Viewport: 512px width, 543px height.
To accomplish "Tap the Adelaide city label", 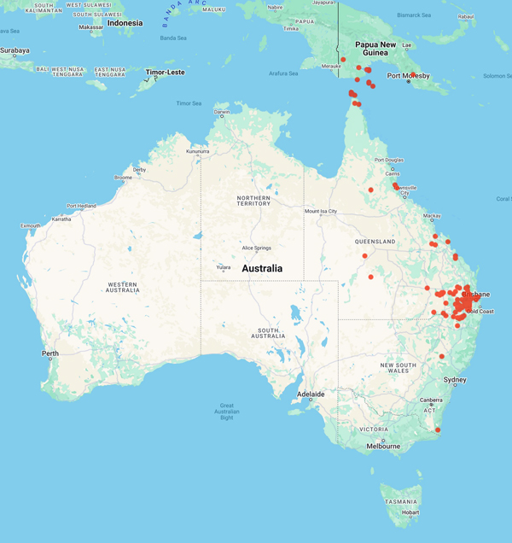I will click(x=311, y=394).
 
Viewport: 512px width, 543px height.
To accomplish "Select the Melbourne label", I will click(x=383, y=446).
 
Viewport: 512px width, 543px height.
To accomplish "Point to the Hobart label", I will click(x=410, y=512).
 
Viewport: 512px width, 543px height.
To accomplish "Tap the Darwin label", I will click(x=222, y=112).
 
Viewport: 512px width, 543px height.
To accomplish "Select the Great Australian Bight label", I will click(x=227, y=411).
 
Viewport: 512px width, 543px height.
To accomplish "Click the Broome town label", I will click(x=123, y=178).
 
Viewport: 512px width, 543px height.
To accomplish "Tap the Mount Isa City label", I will click(x=321, y=211).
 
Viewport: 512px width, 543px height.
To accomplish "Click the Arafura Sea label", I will click(x=283, y=73).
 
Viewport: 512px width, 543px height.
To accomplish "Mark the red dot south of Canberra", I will click(x=438, y=429).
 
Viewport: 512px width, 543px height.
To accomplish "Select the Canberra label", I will click(x=431, y=400).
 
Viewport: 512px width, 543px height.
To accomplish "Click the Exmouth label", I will click(x=32, y=225).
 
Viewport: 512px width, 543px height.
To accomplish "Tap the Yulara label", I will click(x=223, y=267).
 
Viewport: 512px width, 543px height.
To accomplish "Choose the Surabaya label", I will click(x=15, y=50).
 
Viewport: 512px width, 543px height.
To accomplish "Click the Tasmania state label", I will click(x=400, y=502).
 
